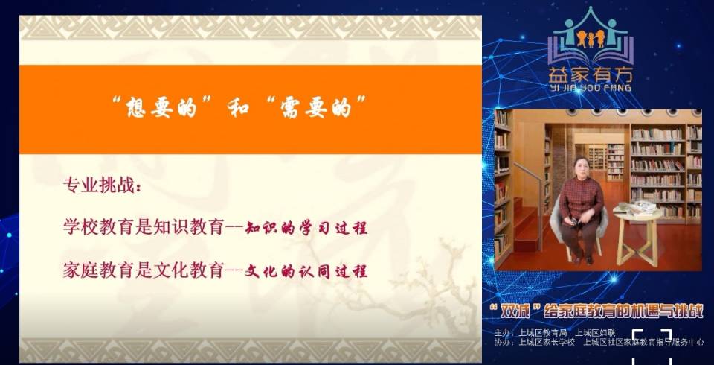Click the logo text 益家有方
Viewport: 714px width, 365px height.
(x=589, y=75)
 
